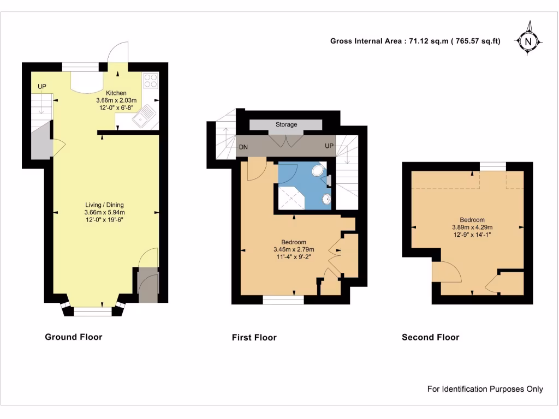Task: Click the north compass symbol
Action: pyautogui.click(x=527, y=40)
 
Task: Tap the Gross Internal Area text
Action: pyautogui.click(x=415, y=41)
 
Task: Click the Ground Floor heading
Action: pyautogui.click(x=73, y=337)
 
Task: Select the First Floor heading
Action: pyautogui.click(x=254, y=338)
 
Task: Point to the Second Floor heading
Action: pyautogui.click(x=430, y=338)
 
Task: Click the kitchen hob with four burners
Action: pyautogui.click(x=150, y=81)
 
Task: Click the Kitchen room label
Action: pyautogui.click(x=116, y=93)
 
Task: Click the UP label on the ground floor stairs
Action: pyautogui.click(x=42, y=87)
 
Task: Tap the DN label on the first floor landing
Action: pyautogui.click(x=243, y=147)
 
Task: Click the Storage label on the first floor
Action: pyautogui.click(x=286, y=125)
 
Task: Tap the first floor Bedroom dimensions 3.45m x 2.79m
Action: pyautogui.click(x=294, y=250)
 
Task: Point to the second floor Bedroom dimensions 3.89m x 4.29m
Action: pyautogui.click(x=472, y=228)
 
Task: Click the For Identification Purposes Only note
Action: pyautogui.click(x=485, y=389)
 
